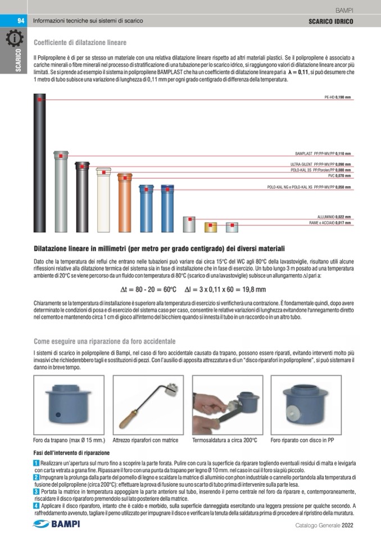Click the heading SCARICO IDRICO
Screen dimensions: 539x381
click(x=330, y=21)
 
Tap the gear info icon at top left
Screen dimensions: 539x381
click(x=14, y=39)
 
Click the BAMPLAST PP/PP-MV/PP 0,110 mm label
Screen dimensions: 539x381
click(x=323, y=153)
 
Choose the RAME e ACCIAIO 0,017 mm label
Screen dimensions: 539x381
click(x=330, y=223)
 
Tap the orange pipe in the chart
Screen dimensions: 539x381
click(x=125, y=202)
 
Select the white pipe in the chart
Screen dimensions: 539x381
click(x=104, y=200)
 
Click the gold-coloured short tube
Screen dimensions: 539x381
click(x=211, y=227)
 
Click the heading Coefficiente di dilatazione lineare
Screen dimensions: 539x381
click(x=80, y=43)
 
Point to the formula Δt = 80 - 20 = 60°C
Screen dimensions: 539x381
click(x=149, y=289)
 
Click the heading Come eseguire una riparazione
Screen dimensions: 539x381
click(x=105, y=341)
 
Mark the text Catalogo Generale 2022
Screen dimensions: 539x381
click(x=324, y=526)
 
